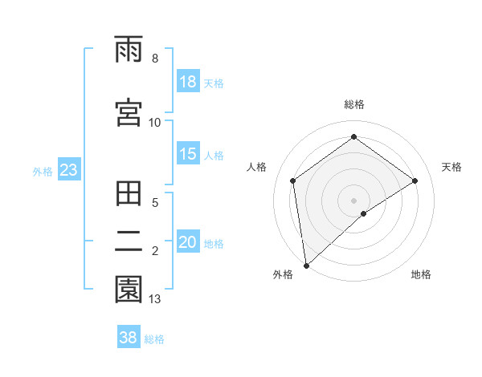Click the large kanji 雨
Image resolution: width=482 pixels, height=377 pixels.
[129, 51]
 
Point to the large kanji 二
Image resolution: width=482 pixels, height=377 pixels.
[129, 242]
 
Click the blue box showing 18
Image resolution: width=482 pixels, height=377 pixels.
[188, 82]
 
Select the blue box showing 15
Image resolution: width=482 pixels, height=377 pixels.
[188, 154]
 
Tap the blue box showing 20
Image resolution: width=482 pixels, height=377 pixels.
[188, 242]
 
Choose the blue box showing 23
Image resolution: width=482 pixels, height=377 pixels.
[68, 170]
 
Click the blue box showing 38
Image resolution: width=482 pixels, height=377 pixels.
[129, 338]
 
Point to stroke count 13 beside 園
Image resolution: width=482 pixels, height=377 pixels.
[154, 299]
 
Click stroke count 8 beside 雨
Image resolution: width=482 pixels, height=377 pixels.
[154, 59]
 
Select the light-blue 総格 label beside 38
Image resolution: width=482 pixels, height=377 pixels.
[154, 338]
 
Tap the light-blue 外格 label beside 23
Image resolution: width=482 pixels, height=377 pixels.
[43, 171]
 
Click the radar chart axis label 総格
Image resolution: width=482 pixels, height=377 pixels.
[353, 104]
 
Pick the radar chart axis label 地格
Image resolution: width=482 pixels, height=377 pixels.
[421, 275]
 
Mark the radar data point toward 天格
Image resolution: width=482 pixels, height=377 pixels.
[415, 180]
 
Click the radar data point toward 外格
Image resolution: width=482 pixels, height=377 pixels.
[305, 265]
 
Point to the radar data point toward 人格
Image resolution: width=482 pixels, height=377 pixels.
[293, 180]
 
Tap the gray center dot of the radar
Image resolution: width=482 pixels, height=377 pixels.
[353, 200]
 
